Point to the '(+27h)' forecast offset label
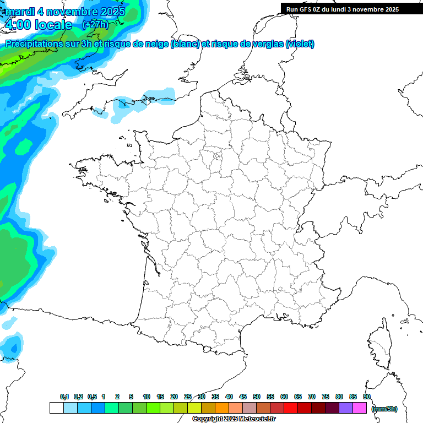click(95, 25)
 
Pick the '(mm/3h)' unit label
click(384, 408)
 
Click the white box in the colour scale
click(56, 408)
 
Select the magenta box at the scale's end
click(360, 408)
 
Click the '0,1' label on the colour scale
click(64, 397)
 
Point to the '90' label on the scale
click(367, 397)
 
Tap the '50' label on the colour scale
click(257, 397)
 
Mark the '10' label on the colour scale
click(146, 397)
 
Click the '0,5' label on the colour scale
click(92, 397)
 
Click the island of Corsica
click(380, 344)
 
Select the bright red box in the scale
click(291, 408)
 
